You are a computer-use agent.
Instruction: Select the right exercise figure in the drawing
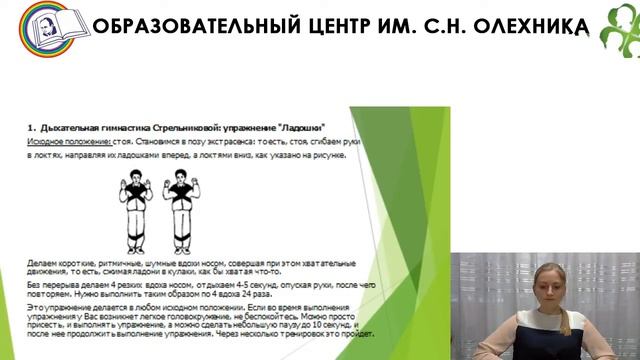(x=181, y=204)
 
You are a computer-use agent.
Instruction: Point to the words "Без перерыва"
(x=50, y=283)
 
